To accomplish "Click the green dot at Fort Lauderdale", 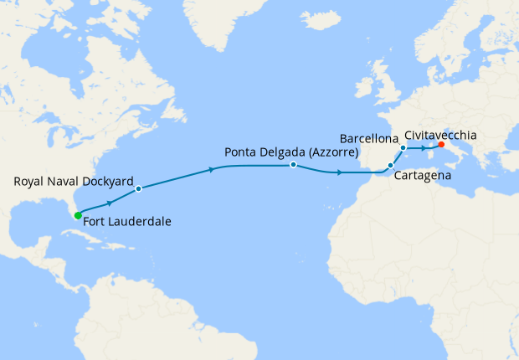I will click(78, 215).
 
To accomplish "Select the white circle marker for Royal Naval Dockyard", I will click(138, 188).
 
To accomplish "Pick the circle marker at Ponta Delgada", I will click(293, 165).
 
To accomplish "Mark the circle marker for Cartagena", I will click(391, 166).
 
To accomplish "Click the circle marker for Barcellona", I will click(403, 148).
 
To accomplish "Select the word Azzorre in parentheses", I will click(331, 154).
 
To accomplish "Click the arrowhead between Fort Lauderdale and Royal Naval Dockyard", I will click(110, 203).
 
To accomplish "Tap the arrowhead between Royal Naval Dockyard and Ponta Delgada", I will click(209, 170).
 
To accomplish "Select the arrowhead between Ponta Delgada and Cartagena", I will click(338, 172).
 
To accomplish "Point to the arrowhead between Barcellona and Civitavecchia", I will click(423, 148).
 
